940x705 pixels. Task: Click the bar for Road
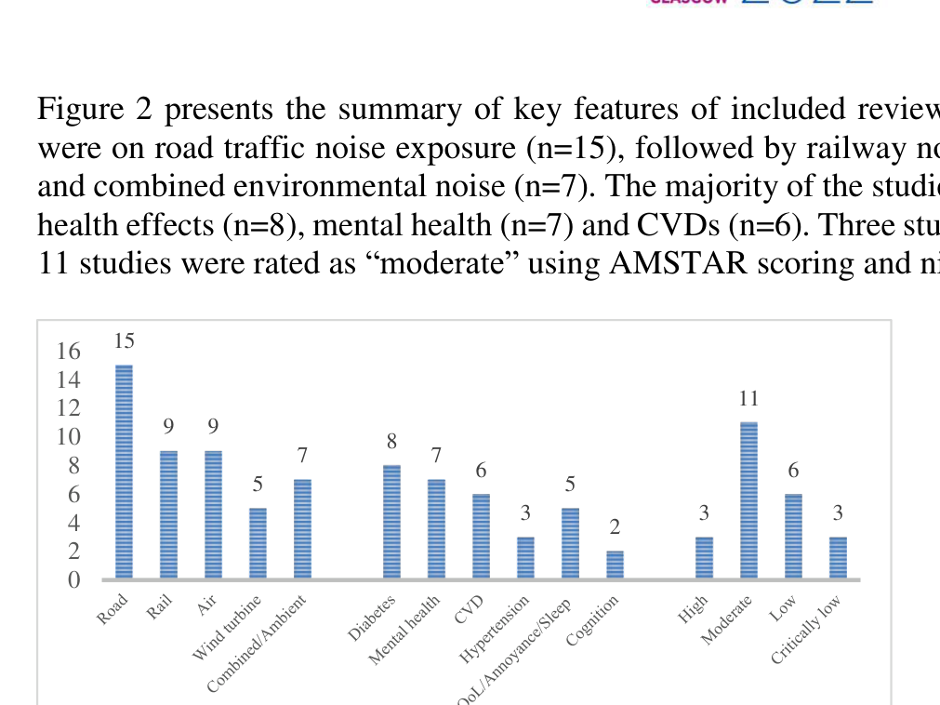point(124,472)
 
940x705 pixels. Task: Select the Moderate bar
point(748,500)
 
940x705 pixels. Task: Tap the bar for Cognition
point(615,565)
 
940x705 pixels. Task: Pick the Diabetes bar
point(391,522)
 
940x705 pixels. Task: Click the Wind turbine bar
point(258,543)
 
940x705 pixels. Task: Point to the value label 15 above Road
point(124,341)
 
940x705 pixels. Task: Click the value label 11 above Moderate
point(748,399)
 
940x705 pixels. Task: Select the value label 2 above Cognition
point(615,527)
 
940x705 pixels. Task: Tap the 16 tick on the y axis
point(70,352)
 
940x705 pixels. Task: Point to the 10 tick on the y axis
point(70,437)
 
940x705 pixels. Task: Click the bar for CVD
point(481,537)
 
